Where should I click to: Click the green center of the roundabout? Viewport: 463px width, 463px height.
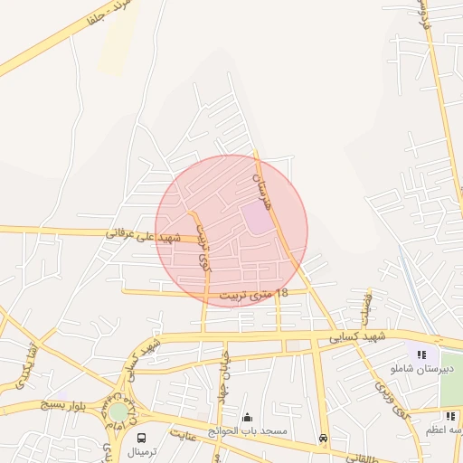pos(118,412)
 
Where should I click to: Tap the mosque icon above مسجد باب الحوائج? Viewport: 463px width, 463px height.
pos(248,418)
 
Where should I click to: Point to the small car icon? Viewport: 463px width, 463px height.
pos(323,438)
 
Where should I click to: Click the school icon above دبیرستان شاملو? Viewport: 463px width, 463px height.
pos(421,354)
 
